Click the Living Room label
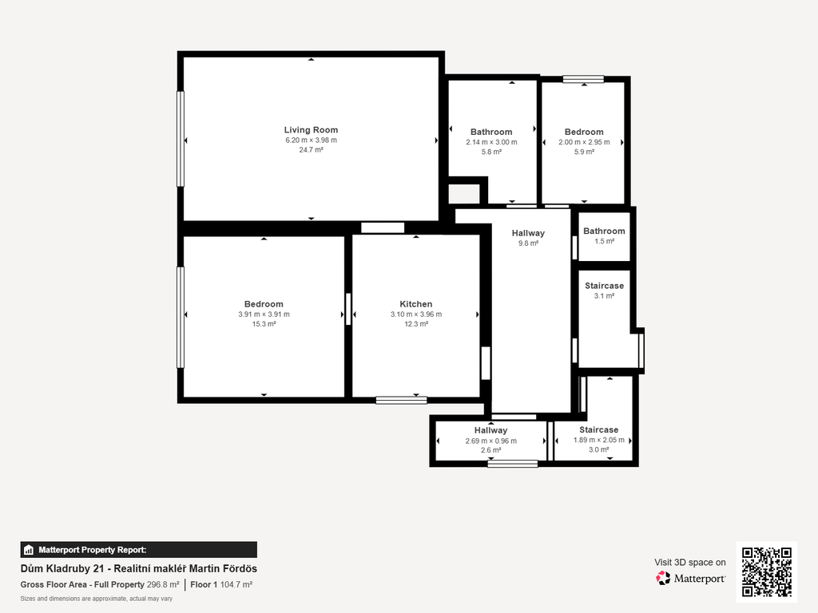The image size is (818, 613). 311,130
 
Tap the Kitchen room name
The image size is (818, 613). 415,304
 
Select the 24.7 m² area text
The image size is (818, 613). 311,149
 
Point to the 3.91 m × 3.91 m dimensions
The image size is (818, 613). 264,314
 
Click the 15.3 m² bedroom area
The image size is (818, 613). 264,324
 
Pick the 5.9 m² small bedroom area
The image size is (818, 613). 584,152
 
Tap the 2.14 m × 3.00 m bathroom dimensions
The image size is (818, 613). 491,142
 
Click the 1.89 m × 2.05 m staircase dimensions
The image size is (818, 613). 599,440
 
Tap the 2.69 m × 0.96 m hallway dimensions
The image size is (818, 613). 491,441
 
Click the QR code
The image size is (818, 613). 767,571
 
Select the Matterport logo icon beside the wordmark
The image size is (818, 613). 663,578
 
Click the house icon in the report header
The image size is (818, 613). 29,550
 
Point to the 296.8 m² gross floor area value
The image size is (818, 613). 163,584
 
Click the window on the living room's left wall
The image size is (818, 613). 181,139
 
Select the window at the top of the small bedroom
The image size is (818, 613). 583,79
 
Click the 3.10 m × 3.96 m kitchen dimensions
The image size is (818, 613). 416,314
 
